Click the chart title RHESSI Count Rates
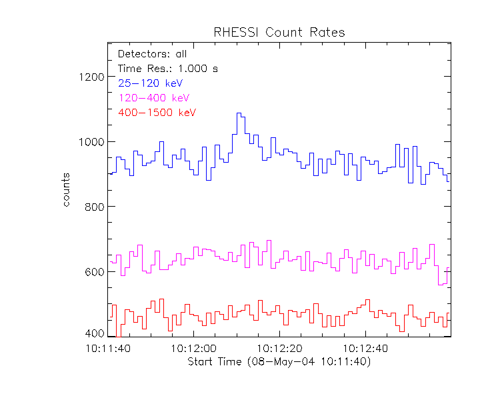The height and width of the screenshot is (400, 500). click(x=279, y=32)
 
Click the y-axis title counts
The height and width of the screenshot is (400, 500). click(x=67, y=189)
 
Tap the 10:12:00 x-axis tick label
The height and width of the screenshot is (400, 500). click(x=194, y=349)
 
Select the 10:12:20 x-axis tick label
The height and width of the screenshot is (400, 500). click(x=279, y=349)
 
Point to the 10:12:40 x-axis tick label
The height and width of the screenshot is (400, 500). click(x=365, y=349)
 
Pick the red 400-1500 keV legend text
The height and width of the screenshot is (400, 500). click(x=157, y=113)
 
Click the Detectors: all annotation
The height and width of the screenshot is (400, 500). click(x=152, y=54)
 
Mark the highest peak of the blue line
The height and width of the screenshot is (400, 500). click(x=239, y=113)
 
